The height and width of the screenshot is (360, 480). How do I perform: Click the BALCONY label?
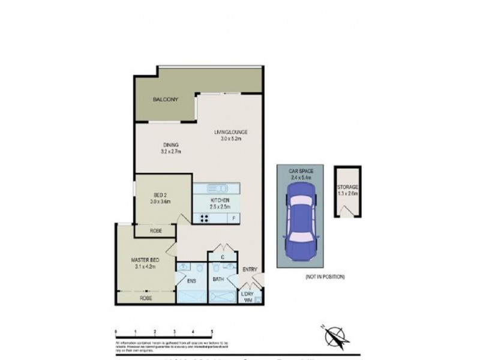pyautogui.click(x=166, y=100)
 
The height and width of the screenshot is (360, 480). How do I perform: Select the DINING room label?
pyautogui.click(x=171, y=145)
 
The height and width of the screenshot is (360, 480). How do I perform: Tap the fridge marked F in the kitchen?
pyautogui.click(x=234, y=218)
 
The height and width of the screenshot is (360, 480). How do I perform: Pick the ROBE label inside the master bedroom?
pyautogui.click(x=145, y=298)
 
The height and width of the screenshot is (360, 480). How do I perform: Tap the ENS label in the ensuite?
pyautogui.click(x=192, y=280)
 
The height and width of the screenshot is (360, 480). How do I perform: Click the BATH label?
pyautogui.click(x=218, y=280)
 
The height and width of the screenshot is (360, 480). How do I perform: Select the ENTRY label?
pyautogui.click(x=249, y=269)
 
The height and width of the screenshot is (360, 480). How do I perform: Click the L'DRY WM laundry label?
pyautogui.click(x=247, y=297)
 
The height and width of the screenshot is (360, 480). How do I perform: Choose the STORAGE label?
pyautogui.click(x=347, y=188)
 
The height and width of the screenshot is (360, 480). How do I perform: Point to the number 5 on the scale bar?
pyautogui.click(x=212, y=331)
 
